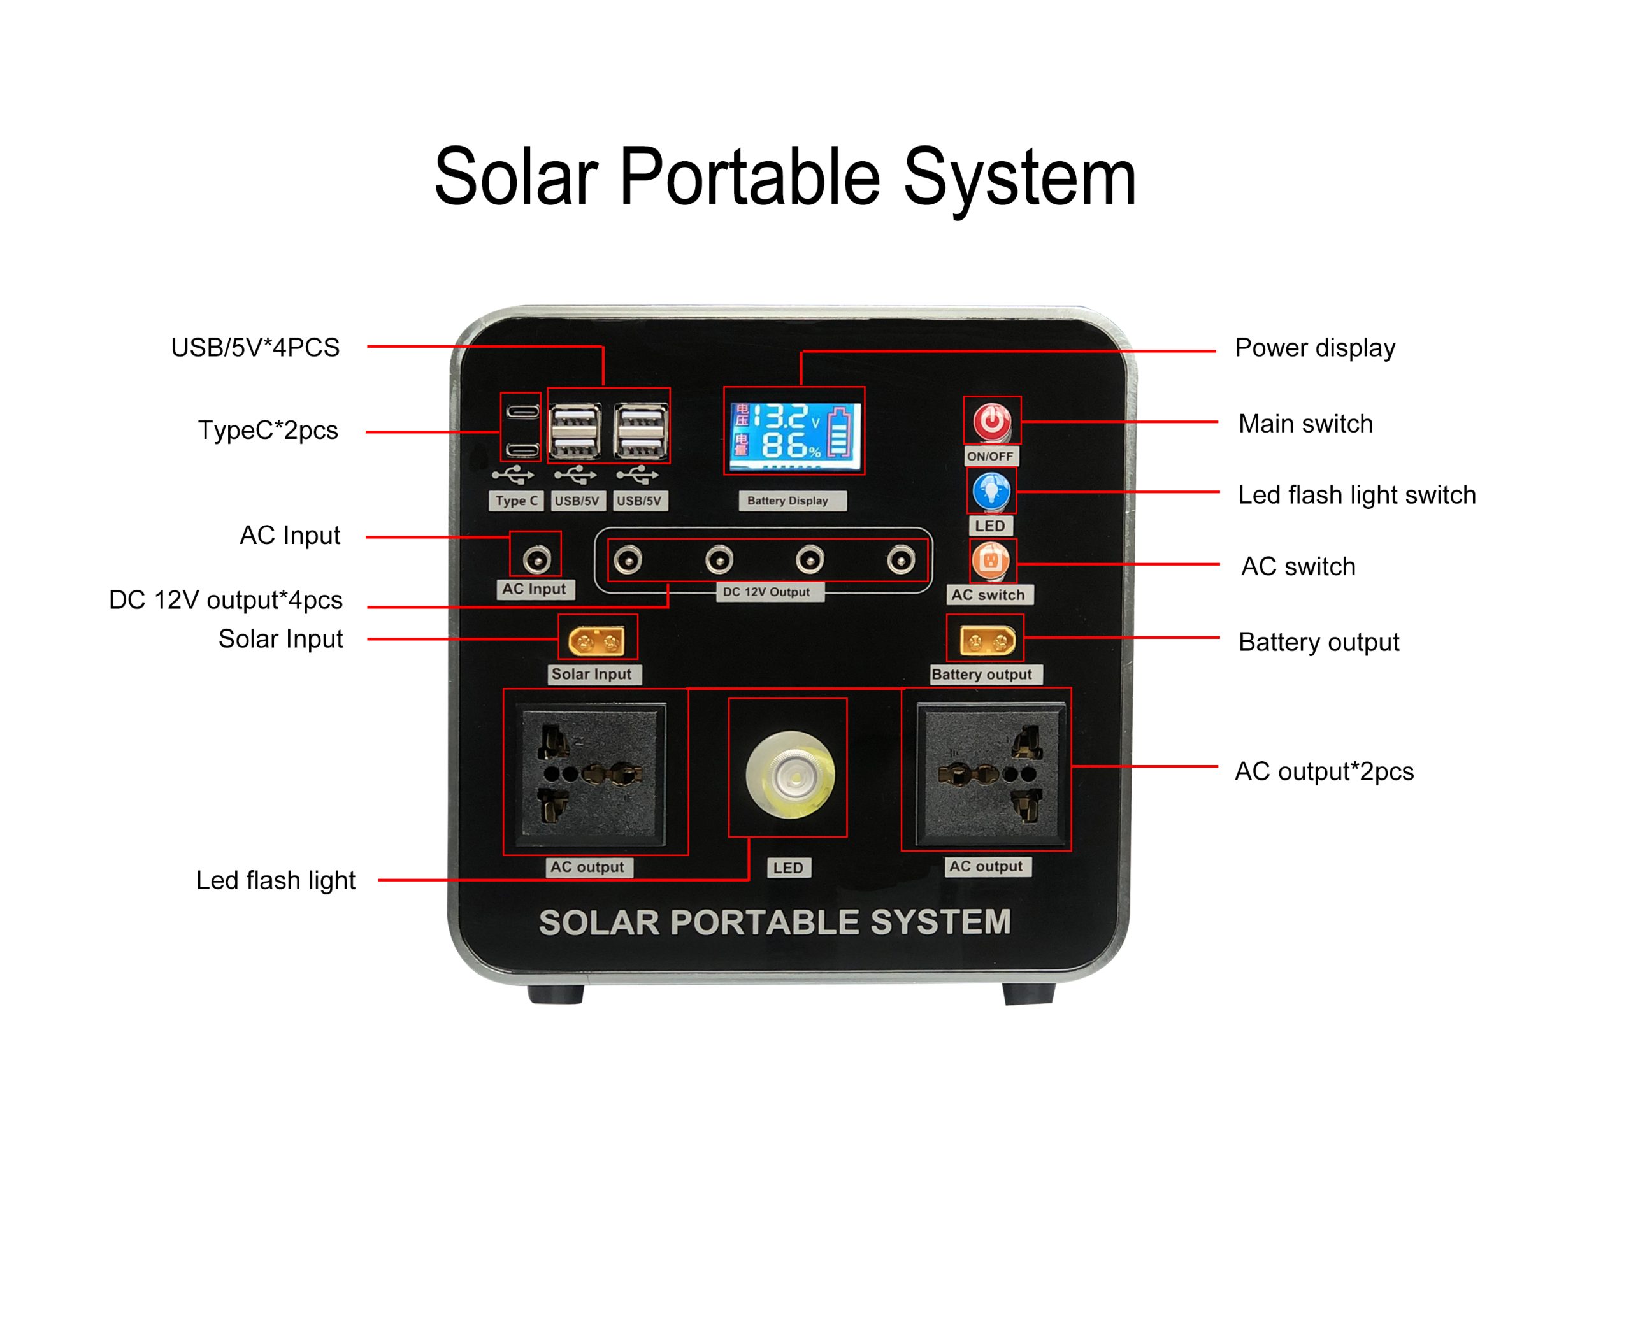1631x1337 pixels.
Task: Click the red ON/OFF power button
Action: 991,421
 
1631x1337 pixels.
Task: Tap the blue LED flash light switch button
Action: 991,491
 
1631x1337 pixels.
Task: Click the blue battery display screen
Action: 794,436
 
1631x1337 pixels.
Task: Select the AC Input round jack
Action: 536,559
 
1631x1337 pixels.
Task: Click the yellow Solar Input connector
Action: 596,641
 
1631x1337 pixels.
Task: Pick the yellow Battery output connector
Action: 987,640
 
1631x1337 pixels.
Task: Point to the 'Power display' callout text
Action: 1314,348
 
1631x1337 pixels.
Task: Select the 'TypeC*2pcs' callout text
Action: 268,431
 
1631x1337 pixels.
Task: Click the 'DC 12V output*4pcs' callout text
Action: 226,600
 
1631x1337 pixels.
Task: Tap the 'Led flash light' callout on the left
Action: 275,880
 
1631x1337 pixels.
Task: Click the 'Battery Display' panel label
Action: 787,501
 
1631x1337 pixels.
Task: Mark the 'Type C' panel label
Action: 516,501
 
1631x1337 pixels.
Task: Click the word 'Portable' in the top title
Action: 750,178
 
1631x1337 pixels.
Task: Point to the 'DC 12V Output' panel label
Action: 766,592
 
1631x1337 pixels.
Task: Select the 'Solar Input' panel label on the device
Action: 592,674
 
